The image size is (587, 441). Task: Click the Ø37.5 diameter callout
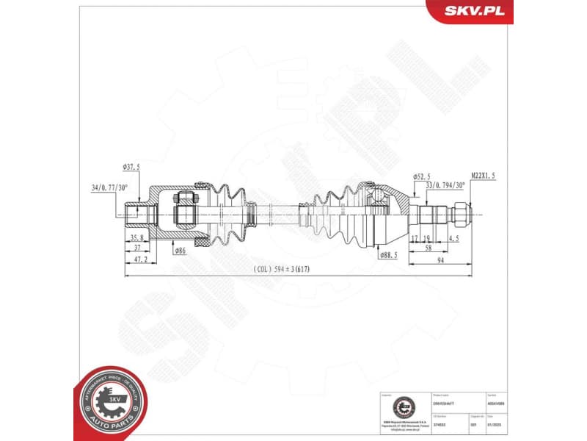tap(132, 167)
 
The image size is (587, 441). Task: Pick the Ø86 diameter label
tap(180, 251)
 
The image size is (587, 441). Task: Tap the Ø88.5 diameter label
tap(390, 254)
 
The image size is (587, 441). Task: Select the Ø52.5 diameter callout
tap(421, 176)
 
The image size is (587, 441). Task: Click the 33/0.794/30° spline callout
tap(445, 185)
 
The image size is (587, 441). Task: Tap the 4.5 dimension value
tap(455, 238)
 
